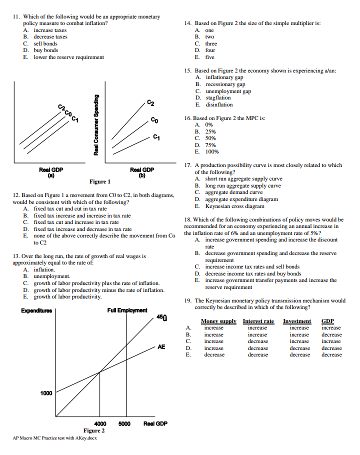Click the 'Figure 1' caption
click(100, 181)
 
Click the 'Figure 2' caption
click(93, 430)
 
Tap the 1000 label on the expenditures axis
click(46, 393)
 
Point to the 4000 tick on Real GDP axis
click(100, 423)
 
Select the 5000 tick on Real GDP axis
click(124, 423)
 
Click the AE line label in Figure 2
click(161, 346)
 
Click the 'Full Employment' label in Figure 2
click(127, 310)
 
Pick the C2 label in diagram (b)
click(151, 103)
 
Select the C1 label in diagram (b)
click(156, 136)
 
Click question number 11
click(16, 17)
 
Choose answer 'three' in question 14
click(211, 43)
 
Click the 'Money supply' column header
click(218, 321)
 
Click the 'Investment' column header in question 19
click(296, 321)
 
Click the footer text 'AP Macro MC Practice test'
click(55, 438)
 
